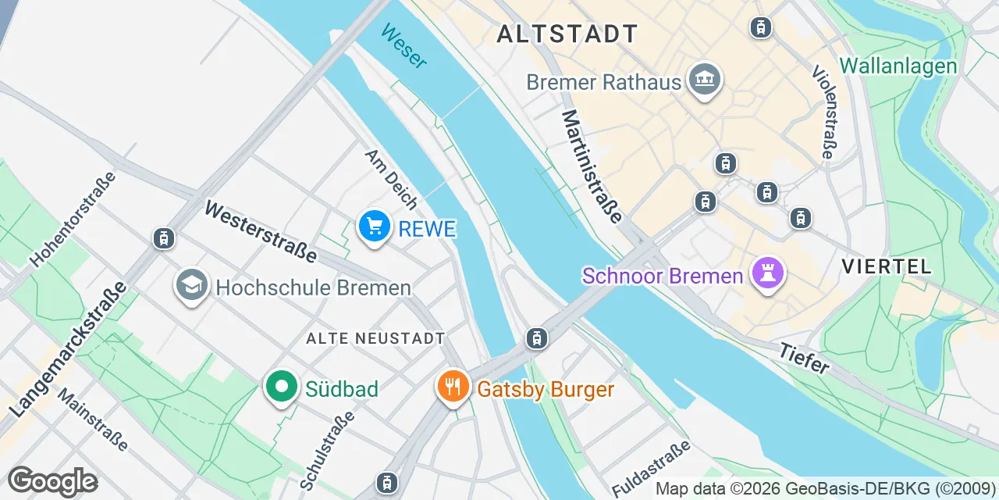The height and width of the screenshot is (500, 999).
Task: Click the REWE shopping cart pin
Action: [375, 227]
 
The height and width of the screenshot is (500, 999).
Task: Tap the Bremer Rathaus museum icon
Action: [705, 80]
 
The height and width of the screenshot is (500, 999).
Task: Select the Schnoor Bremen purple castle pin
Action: [768, 273]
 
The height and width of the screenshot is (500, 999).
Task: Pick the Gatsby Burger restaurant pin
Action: [452, 387]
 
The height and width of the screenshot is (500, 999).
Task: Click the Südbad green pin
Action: [281, 387]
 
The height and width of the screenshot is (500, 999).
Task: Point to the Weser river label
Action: [404, 45]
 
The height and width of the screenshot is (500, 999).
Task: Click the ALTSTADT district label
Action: [567, 34]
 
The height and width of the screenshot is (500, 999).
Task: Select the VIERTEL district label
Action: [887, 266]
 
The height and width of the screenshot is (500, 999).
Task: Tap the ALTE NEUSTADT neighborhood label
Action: [375, 338]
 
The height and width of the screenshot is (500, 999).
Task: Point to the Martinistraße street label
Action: [592, 166]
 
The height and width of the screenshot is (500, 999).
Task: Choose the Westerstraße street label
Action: [261, 231]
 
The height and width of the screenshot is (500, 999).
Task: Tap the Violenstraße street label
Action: [823, 111]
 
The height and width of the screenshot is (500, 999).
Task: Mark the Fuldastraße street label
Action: [652, 467]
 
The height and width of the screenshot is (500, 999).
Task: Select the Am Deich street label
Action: [391, 179]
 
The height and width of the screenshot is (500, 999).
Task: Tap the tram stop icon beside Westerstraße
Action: [164, 238]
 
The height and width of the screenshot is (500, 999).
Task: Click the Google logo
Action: [52, 481]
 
